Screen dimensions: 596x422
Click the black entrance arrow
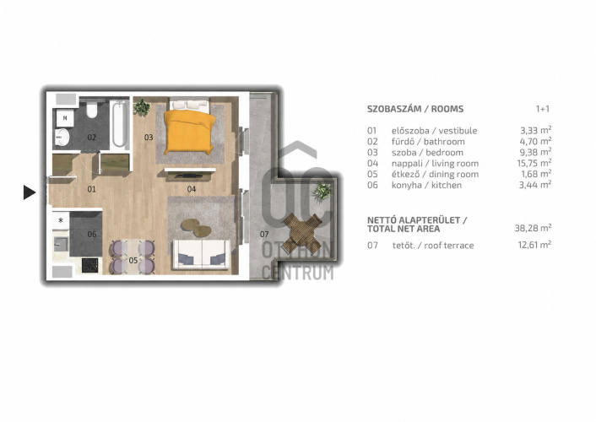click(x=29, y=192)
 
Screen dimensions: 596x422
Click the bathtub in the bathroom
click(x=119, y=124)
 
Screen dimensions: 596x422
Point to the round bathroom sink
click(x=62, y=137)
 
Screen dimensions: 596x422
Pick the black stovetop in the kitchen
click(x=89, y=265)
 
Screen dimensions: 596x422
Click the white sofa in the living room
click(x=201, y=255)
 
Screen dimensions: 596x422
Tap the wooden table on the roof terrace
click(x=303, y=233)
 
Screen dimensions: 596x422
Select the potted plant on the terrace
click(x=322, y=192)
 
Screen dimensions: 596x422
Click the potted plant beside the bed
click(x=142, y=107)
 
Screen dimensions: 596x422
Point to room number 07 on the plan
click(x=264, y=234)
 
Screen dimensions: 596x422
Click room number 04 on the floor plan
click(x=192, y=189)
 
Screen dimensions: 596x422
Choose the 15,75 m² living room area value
click(x=535, y=163)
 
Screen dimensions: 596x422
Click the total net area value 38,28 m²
click(x=533, y=228)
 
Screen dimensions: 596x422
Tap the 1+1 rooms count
click(x=543, y=109)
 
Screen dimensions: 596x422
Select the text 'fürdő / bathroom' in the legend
click(x=428, y=142)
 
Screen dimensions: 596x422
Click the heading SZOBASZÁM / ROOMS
click(x=415, y=109)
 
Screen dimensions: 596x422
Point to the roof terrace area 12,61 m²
click(x=534, y=245)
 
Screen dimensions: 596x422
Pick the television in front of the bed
click(x=188, y=176)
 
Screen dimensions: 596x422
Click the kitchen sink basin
click(x=61, y=244)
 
